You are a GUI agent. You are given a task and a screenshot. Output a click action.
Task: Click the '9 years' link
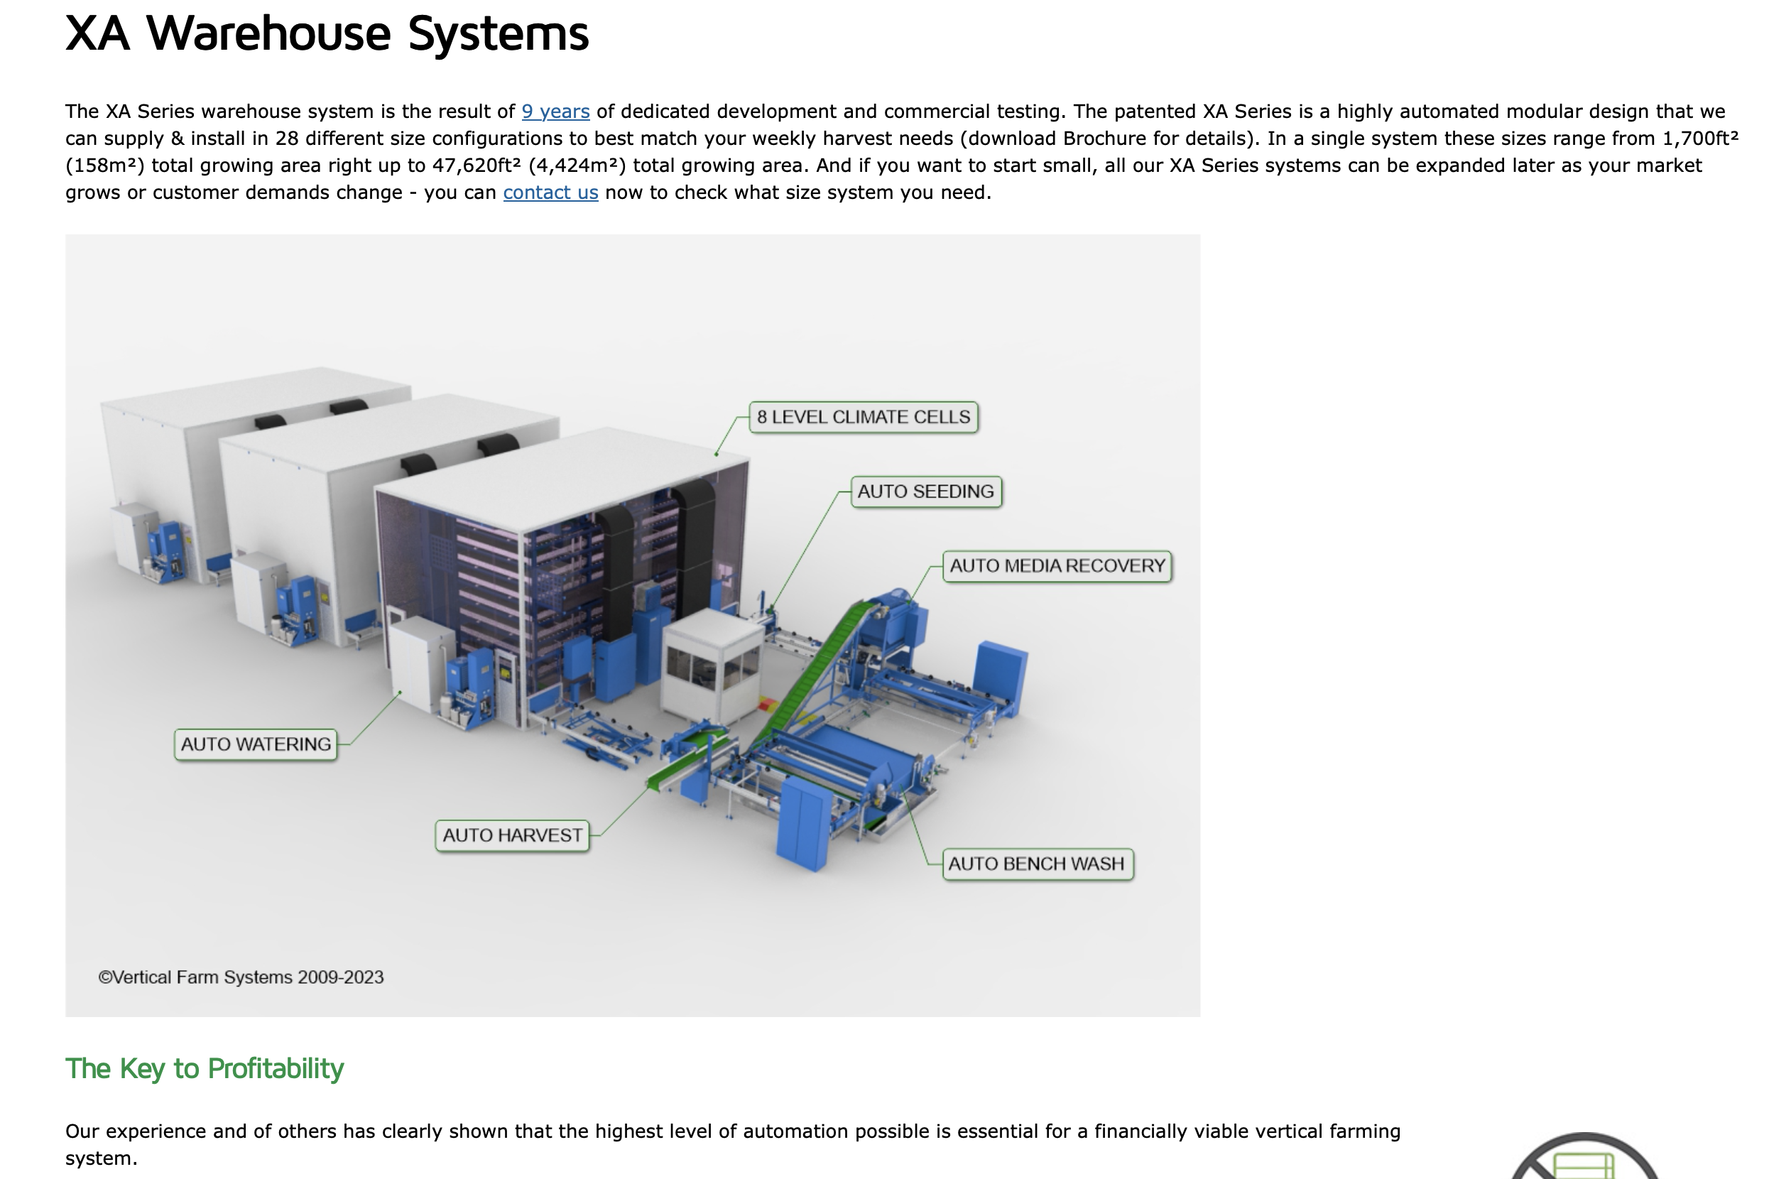[555, 112]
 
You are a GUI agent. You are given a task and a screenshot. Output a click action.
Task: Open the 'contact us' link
[550, 192]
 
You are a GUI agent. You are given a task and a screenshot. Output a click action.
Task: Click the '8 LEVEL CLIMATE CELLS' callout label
[863, 417]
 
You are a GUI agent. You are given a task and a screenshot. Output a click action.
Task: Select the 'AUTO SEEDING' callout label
[925, 491]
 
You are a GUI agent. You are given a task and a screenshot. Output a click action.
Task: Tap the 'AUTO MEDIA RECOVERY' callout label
[1057, 566]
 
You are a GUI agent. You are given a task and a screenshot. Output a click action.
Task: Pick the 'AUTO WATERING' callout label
[255, 744]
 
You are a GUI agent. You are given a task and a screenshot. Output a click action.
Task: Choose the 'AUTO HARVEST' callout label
[512, 835]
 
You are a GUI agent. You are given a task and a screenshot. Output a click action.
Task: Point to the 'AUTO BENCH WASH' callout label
[1036, 864]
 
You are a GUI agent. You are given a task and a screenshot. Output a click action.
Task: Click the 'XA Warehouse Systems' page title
[327, 34]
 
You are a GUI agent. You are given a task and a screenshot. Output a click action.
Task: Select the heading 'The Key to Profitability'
[205, 1068]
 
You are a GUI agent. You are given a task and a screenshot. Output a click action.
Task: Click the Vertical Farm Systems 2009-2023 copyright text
[241, 977]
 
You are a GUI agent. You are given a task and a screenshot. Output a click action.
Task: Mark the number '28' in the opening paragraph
[287, 138]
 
